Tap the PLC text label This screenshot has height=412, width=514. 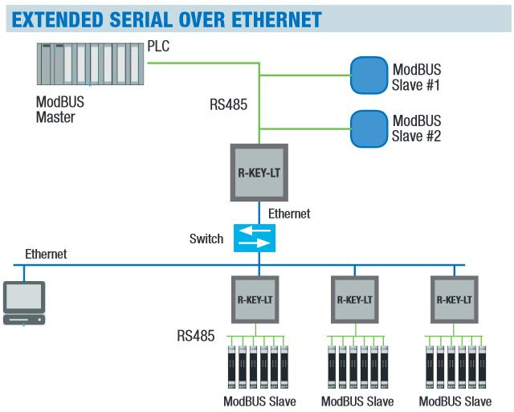point(159,47)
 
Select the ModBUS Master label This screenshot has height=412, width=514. point(60,110)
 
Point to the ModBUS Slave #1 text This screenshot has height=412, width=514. point(417,77)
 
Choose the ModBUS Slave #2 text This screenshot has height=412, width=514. point(417,128)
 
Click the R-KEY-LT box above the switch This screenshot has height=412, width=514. point(259,172)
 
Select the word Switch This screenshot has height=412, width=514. point(206,239)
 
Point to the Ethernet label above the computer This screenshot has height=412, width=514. point(46,254)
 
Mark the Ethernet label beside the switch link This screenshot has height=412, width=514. point(289,214)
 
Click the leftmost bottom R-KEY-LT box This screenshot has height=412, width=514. point(255,299)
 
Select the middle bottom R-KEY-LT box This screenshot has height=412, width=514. point(354,299)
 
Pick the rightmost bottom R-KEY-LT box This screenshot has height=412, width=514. point(454,299)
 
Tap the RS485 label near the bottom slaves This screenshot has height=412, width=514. point(196,336)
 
